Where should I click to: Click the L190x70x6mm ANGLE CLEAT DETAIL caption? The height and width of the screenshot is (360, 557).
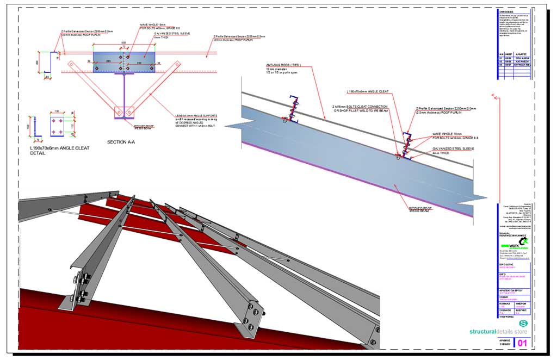pos(60,151)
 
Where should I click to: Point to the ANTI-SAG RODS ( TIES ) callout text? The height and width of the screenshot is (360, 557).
pos(277,65)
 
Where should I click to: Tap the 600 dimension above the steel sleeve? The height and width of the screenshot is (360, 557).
pos(124,42)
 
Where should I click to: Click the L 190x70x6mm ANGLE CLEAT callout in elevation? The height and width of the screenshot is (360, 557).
pos(368,91)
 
